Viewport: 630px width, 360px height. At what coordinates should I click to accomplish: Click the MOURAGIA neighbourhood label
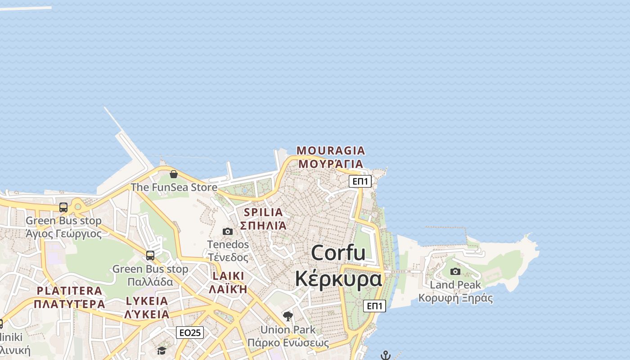click(x=330, y=150)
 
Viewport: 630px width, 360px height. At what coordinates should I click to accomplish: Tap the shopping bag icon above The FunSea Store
click(x=174, y=174)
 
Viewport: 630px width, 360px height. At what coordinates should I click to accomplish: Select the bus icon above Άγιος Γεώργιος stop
click(x=63, y=207)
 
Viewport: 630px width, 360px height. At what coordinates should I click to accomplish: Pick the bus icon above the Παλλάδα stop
click(x=150, y=256)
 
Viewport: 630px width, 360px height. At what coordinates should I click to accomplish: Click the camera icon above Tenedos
click(x=228, y=231)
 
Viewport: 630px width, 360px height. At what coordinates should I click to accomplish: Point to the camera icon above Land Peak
click(x=455, y=271)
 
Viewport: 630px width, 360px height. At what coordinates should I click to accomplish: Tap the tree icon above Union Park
click(x=288, y=316)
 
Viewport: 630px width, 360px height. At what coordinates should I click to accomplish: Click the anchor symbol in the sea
click(x=386, y=355)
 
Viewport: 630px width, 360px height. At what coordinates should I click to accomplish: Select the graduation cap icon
click(x=162, y=350)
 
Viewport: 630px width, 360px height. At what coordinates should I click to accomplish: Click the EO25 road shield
click(x=190, y=333)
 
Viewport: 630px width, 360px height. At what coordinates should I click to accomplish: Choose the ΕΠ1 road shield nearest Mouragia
click(x=360, y=181)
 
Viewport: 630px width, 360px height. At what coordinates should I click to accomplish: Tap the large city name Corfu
click(x=338, y=253)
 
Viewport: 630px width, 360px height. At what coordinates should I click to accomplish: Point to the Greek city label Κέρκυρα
click(x=338, y=279)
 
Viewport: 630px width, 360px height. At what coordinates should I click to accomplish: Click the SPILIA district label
click(x=263, y=212)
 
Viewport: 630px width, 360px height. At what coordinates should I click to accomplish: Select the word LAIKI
click(x=228, y=276)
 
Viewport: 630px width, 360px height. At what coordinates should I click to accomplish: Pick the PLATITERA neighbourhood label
click(x=69, y=291)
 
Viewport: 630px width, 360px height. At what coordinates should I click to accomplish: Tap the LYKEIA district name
click(x=147, y=301)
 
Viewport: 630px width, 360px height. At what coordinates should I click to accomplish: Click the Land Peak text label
click(x=455, y=285)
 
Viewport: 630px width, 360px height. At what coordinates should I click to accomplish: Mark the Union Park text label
click(x=288, y=329)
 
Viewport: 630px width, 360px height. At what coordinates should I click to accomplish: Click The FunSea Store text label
click(x=174, y=187)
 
